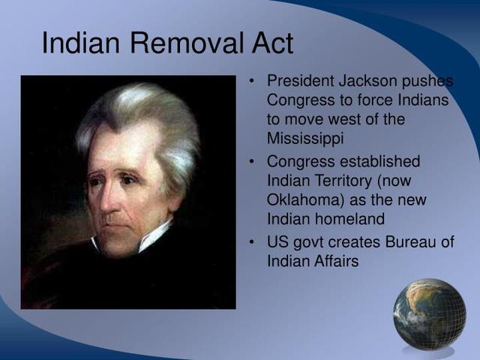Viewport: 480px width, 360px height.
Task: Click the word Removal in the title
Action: [182, 43]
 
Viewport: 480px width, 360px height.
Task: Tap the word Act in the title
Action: [268, 43]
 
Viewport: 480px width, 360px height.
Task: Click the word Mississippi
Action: [304, 138]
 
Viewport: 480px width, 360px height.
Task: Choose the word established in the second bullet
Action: [379, 162]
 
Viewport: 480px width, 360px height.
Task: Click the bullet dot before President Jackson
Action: [252, 81]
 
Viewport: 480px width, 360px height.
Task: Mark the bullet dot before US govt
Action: [252, 242]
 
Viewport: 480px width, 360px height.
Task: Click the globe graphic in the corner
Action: [429, 314]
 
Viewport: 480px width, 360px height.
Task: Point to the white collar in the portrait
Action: [154, 238]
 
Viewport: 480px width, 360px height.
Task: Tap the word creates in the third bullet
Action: [358, 242]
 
